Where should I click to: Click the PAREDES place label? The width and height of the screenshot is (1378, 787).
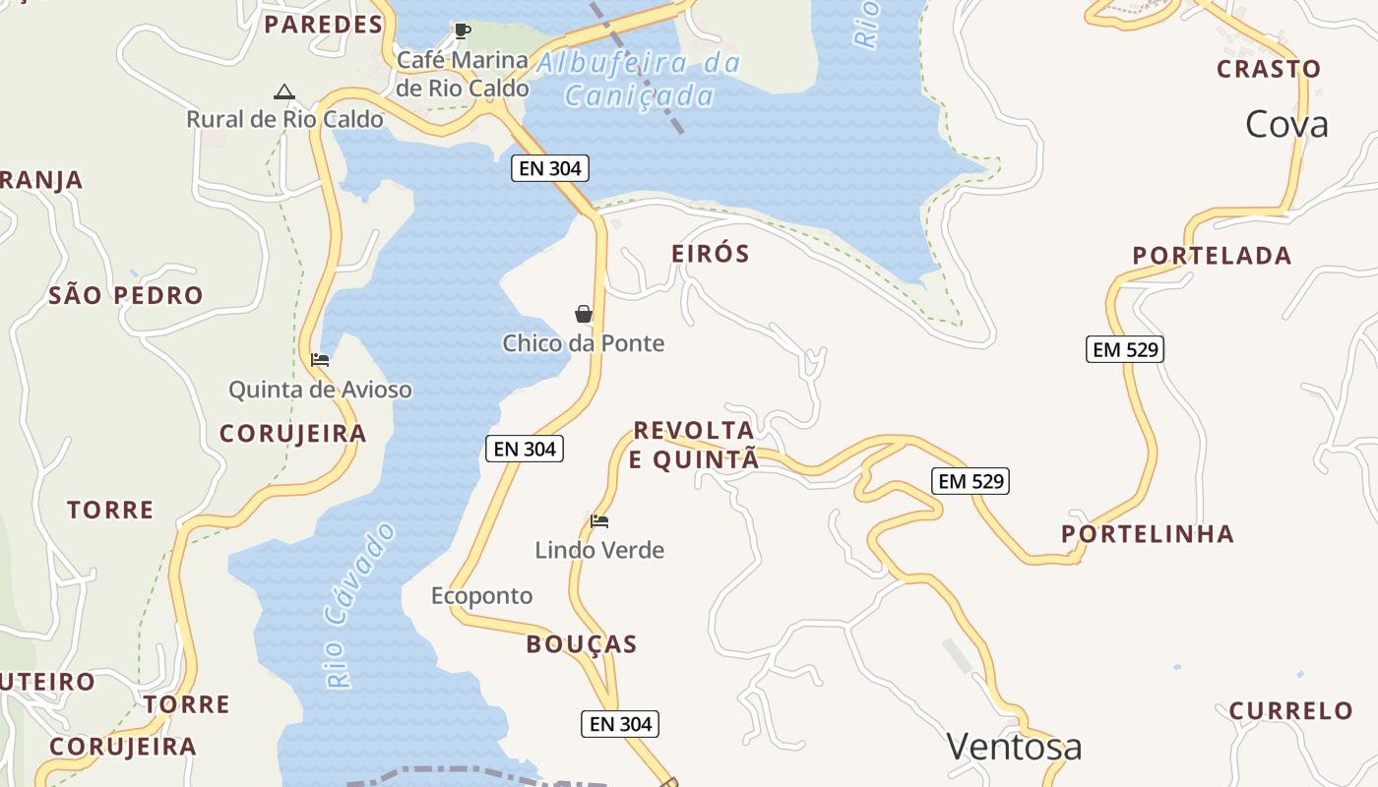tap(323, 25)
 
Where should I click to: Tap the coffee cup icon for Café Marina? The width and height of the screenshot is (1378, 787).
tap(462, 31)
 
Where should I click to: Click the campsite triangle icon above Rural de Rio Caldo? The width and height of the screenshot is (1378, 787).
tap(284, 92)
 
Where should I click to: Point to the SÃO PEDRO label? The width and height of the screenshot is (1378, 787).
tap(126, 295)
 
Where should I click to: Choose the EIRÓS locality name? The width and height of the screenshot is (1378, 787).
tap(711, 254)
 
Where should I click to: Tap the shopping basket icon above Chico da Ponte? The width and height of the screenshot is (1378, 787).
tap(584, 314)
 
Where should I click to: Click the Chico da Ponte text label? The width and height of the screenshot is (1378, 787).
tap(584, 343)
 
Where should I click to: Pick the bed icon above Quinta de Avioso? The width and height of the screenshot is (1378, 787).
tap(320, 360)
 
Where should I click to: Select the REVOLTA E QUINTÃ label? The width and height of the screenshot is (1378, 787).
tap(694, 445)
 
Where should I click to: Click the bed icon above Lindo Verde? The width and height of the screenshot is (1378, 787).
tap(599, 520)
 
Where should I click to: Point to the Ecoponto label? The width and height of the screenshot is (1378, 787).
tap(482, 596)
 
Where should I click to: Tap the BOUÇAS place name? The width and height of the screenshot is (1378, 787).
tap(582, 644)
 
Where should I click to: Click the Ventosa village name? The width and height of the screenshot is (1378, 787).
tap(1014, 747)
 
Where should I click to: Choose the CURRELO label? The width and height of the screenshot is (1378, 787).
tap(1291, 710)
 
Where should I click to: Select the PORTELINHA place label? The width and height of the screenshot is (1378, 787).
tap(1148, 534)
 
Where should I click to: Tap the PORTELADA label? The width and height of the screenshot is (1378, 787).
tap(1212, 256)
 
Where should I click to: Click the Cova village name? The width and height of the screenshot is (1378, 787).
tap(1286, 125)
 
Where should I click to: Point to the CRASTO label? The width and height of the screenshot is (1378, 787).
tap(1269, 69)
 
